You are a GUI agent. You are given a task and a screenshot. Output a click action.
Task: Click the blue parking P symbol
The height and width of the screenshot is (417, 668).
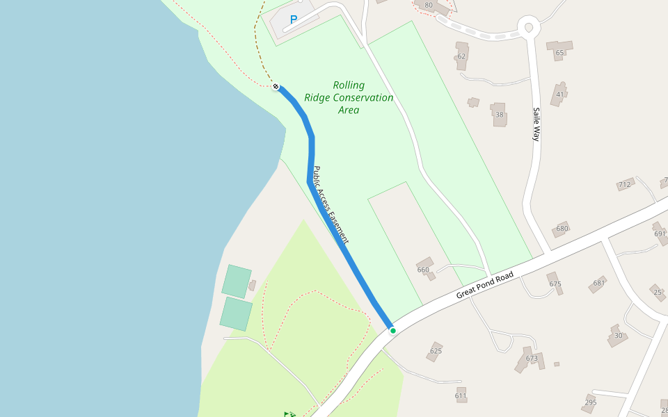[294, 20]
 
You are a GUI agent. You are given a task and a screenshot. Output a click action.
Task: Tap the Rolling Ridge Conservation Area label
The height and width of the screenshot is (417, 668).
[349, 97]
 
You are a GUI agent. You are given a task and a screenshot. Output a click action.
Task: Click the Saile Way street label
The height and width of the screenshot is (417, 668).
[536, 124]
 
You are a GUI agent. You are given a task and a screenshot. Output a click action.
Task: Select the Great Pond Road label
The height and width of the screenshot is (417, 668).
[484, 285]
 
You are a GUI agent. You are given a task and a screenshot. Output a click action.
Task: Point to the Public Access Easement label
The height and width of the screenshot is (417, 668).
[330, 204]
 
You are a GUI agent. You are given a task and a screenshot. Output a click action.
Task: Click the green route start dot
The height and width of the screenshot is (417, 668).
[393, 331]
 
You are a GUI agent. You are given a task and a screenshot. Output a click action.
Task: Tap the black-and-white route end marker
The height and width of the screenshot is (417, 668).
[276, 87]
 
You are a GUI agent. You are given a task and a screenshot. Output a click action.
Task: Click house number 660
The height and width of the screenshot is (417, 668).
[423, 270]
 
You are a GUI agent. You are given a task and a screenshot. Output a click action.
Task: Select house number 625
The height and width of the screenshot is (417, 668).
[436, 350]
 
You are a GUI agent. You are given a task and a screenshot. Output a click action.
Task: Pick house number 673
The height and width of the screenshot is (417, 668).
[532, 359]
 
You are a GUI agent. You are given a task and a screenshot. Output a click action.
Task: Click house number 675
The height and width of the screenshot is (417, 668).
[555, 284]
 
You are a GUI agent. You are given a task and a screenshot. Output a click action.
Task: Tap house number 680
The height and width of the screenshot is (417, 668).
[562, 228]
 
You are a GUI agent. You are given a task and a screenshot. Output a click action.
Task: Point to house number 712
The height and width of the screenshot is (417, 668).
[624, 185]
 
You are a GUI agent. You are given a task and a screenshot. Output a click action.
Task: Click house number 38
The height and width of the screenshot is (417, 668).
[499, 115]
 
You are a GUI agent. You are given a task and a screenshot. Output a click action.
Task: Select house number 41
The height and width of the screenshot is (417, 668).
[560, 95]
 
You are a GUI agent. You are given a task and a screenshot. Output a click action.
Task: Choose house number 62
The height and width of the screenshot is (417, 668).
[461, 56]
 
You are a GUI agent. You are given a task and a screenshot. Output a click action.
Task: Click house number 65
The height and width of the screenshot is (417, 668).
[559, 52]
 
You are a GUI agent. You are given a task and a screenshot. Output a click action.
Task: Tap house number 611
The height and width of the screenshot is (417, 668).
[461, 395]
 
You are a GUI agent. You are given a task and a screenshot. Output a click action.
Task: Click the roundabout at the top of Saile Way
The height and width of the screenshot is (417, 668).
[529, 28]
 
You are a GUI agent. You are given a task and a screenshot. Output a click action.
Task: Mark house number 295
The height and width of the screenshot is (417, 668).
[591, 402]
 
